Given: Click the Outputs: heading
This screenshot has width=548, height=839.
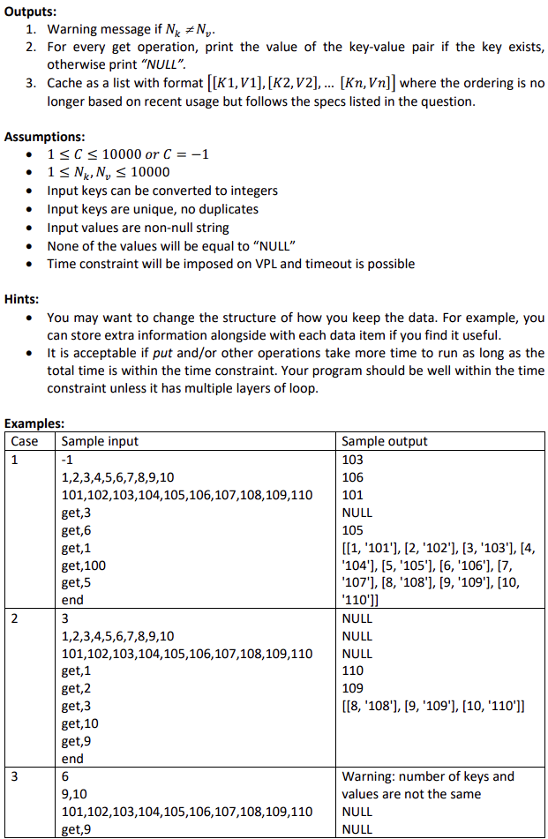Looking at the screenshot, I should (x=30, y=12).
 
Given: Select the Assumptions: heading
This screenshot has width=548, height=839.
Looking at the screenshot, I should (x=44, y=137).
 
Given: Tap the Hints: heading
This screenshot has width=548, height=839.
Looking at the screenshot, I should (x=23, y=297).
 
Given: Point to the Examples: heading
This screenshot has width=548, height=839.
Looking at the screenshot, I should (x=34, y=424).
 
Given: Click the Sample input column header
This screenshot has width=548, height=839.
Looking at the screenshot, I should (x=100, y=441).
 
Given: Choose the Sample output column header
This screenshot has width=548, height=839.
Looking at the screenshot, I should (x=385, y=441).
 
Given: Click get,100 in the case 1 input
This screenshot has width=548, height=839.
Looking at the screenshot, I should (x=84, y=565).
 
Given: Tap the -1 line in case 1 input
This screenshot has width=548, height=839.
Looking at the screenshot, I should (x=68, y=459).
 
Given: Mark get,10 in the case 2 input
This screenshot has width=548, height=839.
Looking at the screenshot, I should (x=80, y=723).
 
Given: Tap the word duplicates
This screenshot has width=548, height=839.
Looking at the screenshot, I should (x=229, y=209).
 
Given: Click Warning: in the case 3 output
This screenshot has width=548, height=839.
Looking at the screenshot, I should (x=371, y=776).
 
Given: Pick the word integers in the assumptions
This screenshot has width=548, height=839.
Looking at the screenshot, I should (x=251, y=191).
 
